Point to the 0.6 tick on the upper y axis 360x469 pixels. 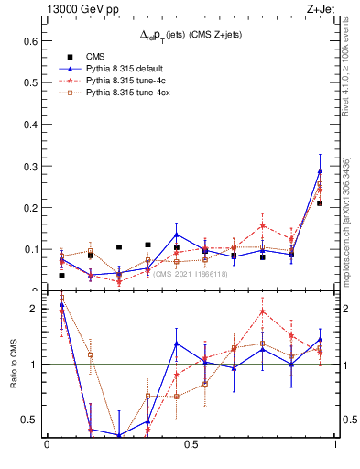[x=28, y=41]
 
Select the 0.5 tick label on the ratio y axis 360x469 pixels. [x=28, y=420]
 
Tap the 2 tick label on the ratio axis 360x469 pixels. [x=33, y=309]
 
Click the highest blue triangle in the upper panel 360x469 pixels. [x=320, y=171]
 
